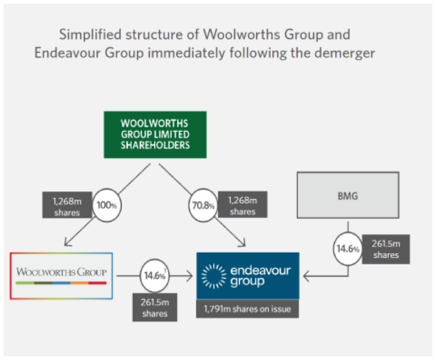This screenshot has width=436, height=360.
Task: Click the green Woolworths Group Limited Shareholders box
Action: coord(155,134)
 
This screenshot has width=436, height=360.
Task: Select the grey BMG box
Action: coord(348,196)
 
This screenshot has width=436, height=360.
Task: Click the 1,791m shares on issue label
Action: coord(247,309)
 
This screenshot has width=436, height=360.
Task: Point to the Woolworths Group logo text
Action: coord(61,272)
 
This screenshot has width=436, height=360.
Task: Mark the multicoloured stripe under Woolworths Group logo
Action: coord(61,283)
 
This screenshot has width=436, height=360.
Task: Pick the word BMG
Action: coord(348,196)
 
